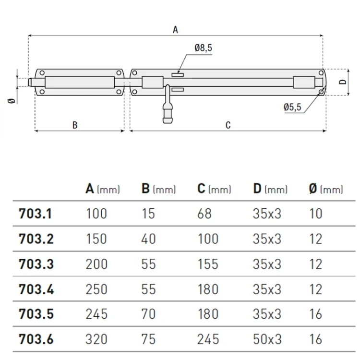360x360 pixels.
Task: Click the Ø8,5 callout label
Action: tap(204, 48)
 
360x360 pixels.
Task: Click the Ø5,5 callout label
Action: tap(292, 108)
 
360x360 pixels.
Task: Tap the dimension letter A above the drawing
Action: tap(175, 30)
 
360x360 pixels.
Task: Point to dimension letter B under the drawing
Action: tap(75, 125)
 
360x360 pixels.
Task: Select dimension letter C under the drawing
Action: tap(228, 125)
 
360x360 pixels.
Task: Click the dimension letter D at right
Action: tap(342, 82)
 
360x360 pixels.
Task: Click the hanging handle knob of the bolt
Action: tap(167, 115)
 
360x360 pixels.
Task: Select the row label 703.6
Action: tap(36, 339)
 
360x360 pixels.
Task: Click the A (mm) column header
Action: tap(102, 189)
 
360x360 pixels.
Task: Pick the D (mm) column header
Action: tap(270, 189)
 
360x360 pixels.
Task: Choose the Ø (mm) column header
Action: tap(326, 189)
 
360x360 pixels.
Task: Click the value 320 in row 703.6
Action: tap(96, 339)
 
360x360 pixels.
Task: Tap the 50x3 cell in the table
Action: tap(267, 339)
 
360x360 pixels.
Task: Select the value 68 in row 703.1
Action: tap(204, 214)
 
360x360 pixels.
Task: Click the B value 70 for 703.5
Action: tap(149, 314)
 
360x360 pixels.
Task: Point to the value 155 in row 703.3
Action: tap(208, 264)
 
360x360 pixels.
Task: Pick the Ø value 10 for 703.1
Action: tap(316, 214)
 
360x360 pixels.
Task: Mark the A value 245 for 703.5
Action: tap(96, 314)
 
